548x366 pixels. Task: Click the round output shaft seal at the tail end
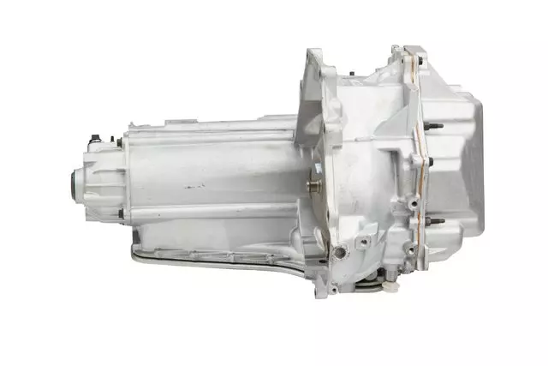[75, 182]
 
